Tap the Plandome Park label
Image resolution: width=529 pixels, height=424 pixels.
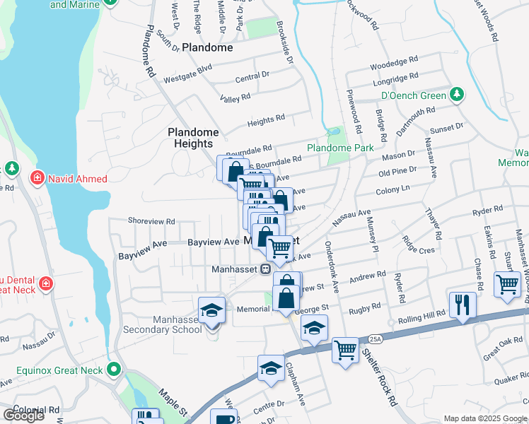(x=339, y=148)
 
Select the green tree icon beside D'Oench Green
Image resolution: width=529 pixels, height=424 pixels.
(x=457, y=95)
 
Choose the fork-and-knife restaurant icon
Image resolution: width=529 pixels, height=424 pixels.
(x=462, y=305)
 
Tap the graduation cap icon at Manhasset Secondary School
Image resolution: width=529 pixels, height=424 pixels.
(x=211, y=311)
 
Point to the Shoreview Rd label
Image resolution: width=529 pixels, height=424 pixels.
(x=151, y=220)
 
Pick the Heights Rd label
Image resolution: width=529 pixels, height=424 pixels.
(x=265, y=122)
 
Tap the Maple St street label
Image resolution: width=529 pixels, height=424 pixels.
(x=172, y=401)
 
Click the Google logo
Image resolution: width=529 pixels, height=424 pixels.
(x=23, y=416)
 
